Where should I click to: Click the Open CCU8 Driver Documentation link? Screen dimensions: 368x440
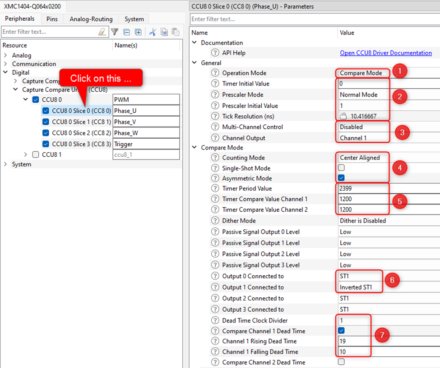[x=385, y=53]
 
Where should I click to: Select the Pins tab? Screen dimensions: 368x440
[x=52, y=19]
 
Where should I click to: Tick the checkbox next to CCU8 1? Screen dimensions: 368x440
[x=36, y=154]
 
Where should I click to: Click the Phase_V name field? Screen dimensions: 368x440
[x=146, y=122]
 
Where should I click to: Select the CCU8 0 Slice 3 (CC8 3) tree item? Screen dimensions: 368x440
[x=81, y=144]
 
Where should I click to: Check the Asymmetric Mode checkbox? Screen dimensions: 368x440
[x=342, y=178]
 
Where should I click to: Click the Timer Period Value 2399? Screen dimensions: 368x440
[x=346, y=188]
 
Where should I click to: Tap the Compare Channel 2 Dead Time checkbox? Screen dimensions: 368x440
[x=342, y=362]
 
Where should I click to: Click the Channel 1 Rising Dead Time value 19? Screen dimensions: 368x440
[x=343, y=341]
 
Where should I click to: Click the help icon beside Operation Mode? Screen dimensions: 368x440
[x=215, y=73]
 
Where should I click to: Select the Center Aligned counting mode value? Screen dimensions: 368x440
[x=360, y=158]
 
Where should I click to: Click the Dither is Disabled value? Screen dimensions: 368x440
[x=362, y=221]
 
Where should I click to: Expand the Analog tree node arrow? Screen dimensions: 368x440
[x=5, y=55]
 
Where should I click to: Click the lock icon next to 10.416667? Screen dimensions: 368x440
[x=343, y=116]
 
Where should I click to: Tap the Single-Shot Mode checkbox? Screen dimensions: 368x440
[x=342, y=168]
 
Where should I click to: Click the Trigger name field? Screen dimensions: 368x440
[x=146, y=144]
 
